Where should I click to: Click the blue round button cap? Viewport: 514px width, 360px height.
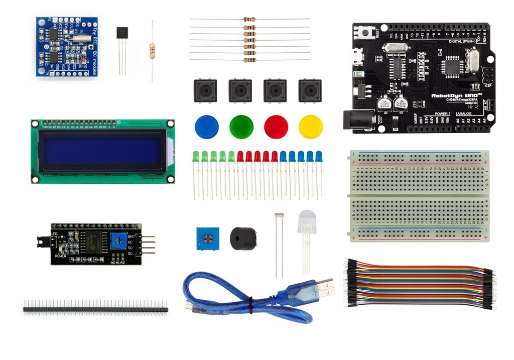[x=205, y=126]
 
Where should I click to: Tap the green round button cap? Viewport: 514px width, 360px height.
[x=240, y=126]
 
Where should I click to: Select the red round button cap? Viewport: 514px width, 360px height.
[x=276, y=126]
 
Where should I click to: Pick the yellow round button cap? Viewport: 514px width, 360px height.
[x=310, y=126]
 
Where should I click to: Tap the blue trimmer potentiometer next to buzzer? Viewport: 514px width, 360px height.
[x=207, y=238]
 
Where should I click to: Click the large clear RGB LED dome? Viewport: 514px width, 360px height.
[x=307, y=220]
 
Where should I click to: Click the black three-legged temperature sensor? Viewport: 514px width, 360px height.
[x=122, y=33]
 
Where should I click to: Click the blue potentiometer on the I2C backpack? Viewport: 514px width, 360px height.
[x=119, y=240]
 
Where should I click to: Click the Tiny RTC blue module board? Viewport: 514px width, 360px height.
[x=67, y=46]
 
